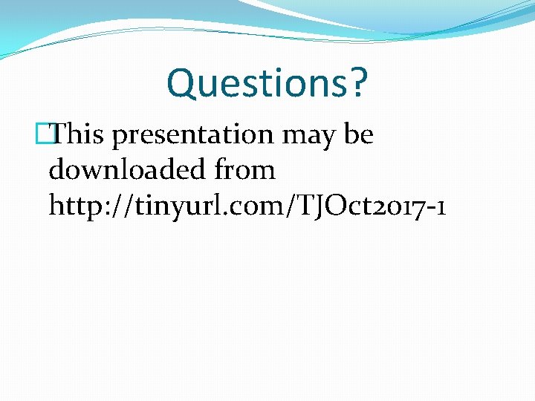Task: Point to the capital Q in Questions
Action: (x=182, y=83)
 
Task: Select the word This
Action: (x=80, y=134)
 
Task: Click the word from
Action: (x=244, y=170)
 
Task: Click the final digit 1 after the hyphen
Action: (x=441, y=206)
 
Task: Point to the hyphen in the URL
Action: (x=429, y=209)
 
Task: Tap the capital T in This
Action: (x=63, y=134)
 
